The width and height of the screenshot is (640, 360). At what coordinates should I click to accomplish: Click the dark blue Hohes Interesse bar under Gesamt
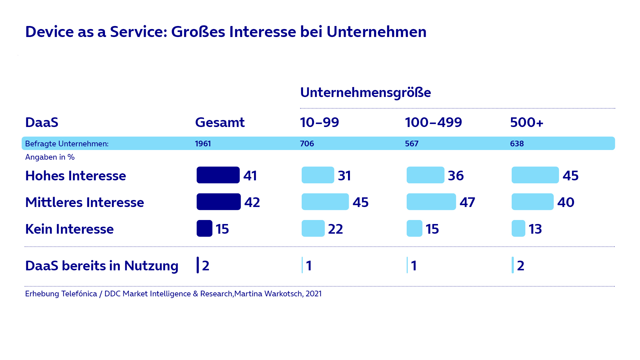[x=218, y=175]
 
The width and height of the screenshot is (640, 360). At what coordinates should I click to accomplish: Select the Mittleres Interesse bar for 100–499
[x=431, y=202]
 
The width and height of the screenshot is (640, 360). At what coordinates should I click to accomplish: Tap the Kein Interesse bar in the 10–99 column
[x=313, y=228]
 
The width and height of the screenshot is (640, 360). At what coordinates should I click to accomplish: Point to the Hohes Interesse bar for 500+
[x=535, y=175]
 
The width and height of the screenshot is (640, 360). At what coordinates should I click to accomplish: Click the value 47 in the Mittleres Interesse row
[x=467, y=202]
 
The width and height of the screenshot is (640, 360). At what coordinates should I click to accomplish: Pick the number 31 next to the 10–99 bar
[x=344, y=176]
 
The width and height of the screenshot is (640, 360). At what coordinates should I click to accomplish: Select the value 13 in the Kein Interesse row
[x=535, y=229]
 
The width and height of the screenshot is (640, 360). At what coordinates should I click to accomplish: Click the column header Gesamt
[x=220, y=122]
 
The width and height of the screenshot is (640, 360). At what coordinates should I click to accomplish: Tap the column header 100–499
[x=433, y=122]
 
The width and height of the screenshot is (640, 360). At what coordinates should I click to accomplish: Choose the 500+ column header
[x=527, y=122]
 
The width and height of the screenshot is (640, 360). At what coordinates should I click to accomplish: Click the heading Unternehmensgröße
[x=365, y=92]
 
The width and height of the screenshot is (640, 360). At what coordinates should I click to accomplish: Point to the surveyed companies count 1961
[x=203, y=144]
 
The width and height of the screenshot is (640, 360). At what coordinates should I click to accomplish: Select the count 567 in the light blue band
[x=411, y=144]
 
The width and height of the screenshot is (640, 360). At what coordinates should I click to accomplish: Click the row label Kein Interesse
[x=69, y=229]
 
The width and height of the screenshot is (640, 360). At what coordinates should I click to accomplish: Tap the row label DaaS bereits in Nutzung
[x=102, y=266]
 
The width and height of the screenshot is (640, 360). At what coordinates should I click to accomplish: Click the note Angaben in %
[x=50, y=157]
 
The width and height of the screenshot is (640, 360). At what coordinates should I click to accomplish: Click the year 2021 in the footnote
[x=313, y=294]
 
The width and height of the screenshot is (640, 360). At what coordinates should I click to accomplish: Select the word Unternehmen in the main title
[x=376, y=32]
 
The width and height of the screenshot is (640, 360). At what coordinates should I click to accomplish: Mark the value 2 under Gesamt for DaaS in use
[x=206, y=266]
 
